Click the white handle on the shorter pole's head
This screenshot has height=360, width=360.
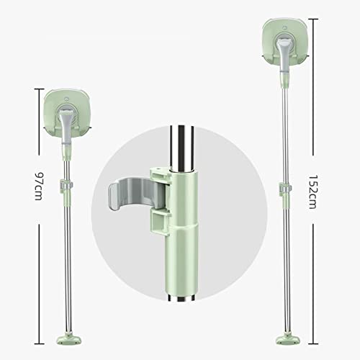pyautogui.click(x=64, y=122)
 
